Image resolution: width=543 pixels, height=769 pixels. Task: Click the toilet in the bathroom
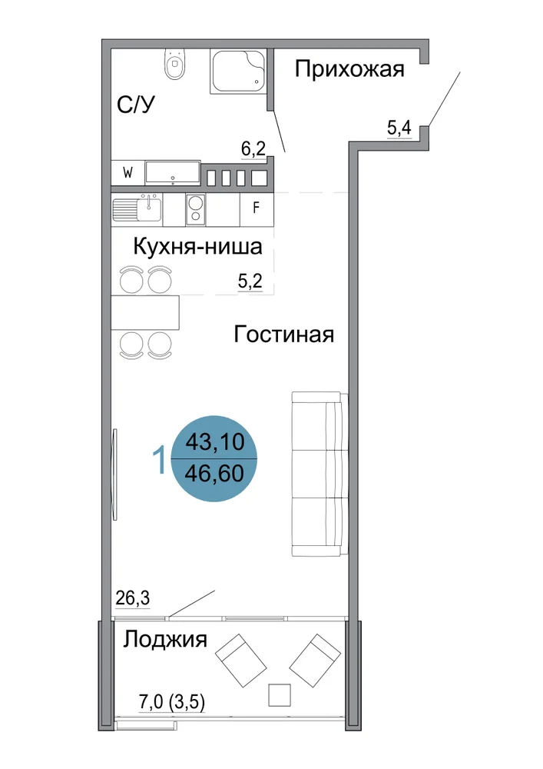(x=175, y=64)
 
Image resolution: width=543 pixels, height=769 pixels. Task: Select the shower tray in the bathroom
(x=238, y=71)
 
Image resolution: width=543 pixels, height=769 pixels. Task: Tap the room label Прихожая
(x=349, y=68)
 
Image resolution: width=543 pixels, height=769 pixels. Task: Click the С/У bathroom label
(x=136, y=104)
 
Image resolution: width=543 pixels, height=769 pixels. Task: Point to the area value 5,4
(x=399, y=128)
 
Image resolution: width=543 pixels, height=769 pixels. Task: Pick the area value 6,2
(x=253, y=148)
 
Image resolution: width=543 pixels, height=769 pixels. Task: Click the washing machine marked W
(x=127, y=173)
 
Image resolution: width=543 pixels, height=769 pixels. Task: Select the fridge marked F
(x=256, y=208)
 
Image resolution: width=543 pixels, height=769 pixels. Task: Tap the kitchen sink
(x=137, y=209)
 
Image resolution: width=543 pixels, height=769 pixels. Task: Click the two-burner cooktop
(x=195, y=209)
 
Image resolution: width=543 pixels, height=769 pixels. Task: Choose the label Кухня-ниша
(x=198, y=246)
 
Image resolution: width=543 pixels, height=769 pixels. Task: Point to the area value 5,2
(x=250, y=281)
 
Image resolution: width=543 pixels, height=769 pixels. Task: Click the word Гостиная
(x=284, y=335)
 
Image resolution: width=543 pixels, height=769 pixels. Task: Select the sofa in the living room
(x=320, y=474)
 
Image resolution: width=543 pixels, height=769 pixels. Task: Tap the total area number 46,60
(x=214, y=474)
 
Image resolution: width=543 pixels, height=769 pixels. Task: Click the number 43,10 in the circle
(x=214, y=442)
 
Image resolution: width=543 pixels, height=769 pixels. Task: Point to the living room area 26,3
(x=133, y=598)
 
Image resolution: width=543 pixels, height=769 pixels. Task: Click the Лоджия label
(x=165, y=640)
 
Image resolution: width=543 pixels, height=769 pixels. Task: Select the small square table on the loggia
(x=280, y=694)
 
